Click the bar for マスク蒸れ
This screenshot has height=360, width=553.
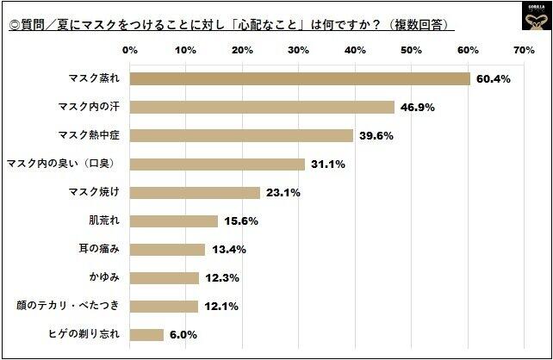coord(301,79)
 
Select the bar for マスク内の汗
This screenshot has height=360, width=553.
coord(263,108)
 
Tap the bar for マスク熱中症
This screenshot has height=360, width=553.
coord(242,136)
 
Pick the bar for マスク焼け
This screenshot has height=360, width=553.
coord(196,193)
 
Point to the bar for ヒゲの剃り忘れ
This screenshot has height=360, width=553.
coord(147,334)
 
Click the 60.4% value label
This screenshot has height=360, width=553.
coord(494,79)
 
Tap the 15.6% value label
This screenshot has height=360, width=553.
coord(241,221)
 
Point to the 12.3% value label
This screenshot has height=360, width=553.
coord(222,278)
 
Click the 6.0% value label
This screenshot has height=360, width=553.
coord(183,334)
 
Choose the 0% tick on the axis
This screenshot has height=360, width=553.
coord(131,51)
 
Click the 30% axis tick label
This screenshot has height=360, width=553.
coord(299,51)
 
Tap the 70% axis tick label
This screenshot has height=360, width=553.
coord(524,51)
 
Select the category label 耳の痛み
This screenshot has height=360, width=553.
coord(109,250)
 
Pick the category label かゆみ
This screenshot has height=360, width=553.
coord(109,278)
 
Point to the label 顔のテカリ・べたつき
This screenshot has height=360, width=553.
coord(72,306)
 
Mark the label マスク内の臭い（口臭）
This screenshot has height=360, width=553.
coord(67,164)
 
